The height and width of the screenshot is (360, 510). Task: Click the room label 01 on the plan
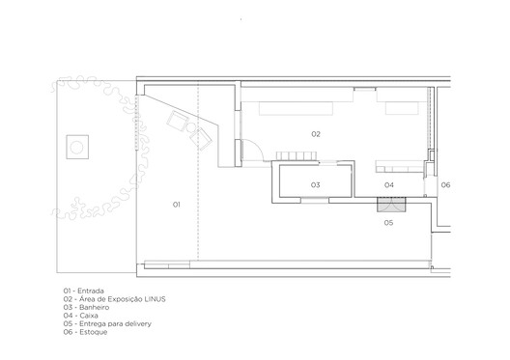tap(177, 204)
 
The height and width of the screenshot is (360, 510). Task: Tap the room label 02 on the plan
tap(315, 133)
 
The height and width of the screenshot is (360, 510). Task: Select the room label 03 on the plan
tap(315, 183)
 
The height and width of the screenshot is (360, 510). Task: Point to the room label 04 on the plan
tap(389, 183)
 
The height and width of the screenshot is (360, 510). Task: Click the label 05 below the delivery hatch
tap(388, 222)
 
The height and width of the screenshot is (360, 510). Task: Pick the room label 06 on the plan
tap(445, 183)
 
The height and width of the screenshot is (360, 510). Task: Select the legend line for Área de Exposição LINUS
tap(114, 299)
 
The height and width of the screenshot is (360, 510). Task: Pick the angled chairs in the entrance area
tap(187, 129)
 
